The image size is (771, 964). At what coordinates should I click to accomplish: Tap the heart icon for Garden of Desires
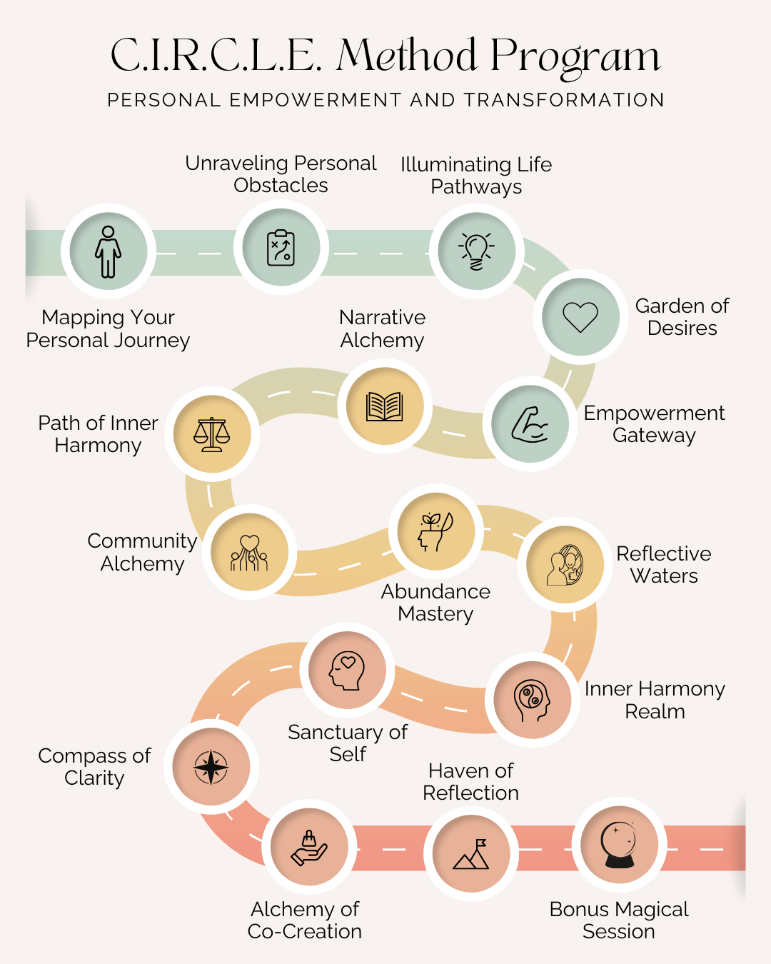(x=580, y=317)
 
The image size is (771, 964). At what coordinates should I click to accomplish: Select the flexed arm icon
(x=530, y=424)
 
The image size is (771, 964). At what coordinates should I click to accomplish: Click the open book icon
(x=385, y=406)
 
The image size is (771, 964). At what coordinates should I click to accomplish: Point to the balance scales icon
(x=212, y=434)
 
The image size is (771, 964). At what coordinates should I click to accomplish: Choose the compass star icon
(x=211, y=767)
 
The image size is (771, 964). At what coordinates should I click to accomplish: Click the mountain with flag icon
(x=471, y=854)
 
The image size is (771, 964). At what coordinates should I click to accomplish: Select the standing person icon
(x=109, y=251)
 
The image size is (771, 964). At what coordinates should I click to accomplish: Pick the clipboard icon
(x=281, y=248)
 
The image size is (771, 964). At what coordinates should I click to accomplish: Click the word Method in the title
(x=407, y=56)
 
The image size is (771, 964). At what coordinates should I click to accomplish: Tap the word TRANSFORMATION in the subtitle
(x=564, y=100)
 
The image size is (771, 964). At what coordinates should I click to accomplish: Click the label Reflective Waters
(x=664, y=565)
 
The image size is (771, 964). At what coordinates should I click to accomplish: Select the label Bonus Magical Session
(x=619, y=920)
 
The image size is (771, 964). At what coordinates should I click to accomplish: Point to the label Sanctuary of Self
(x=348, y=743)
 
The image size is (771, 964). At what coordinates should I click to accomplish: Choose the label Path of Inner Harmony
(x=99, y=434)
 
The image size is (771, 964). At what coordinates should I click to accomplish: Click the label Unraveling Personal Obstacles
(x=281, y=174)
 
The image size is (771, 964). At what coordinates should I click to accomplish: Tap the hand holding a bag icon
(x=309, y=847)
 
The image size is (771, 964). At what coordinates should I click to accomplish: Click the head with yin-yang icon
(x=532, y=699)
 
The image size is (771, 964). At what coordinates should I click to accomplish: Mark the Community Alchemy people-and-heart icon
(x=249, y=553)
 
